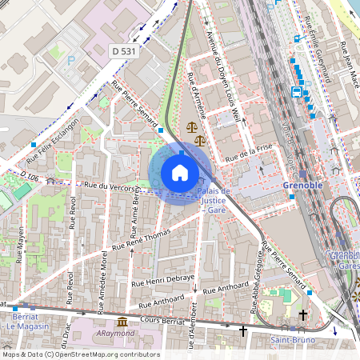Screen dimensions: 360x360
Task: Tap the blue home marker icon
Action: [x=180, y=172]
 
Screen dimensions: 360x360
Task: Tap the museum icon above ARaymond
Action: [x=122, y=322]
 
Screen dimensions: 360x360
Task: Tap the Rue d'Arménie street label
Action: [x=196, y=96]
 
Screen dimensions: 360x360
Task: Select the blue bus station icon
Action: [x=297, y=92]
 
